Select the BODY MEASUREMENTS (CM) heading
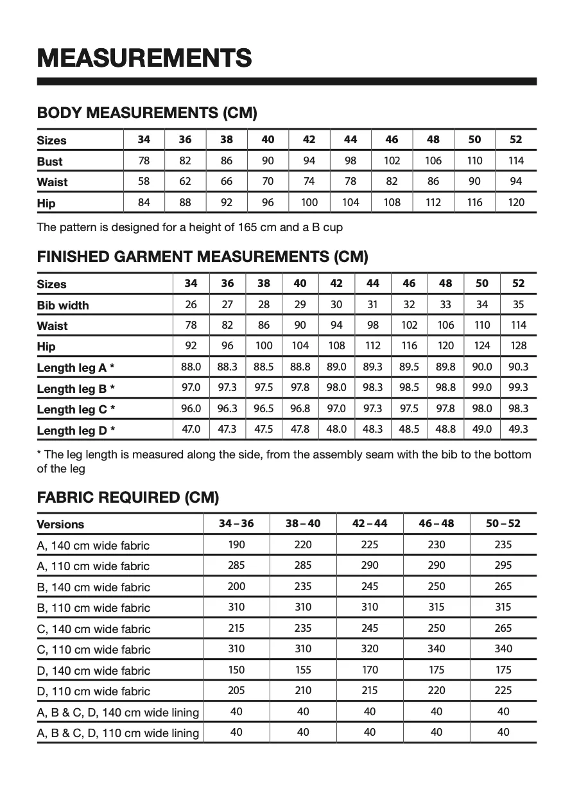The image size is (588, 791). [x=147, y=114]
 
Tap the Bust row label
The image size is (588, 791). [x=49, y=161]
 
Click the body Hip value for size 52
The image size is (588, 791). [x=515, y=202]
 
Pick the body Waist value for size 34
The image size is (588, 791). [x=144, y=182]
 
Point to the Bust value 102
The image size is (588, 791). [x=392, y=161]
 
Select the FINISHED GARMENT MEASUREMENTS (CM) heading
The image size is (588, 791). [x=203, y=257]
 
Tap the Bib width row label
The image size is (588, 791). [x=63, y=305]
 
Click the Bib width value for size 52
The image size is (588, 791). [x=519, y=305]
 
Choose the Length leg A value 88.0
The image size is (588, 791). [x=191, y=367]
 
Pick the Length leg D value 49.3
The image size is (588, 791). [x=519, y=429]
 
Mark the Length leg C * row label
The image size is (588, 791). [x=76, y=409]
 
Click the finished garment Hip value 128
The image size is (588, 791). [x=519, y=346]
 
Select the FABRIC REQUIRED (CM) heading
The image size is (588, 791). [x=128, y=498]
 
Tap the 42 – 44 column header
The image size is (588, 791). [x=370, y=524]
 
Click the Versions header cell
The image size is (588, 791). [x=60, y=525]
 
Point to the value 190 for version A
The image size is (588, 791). [x=236, y=545]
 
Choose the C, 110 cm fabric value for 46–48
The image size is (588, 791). [x=437, y=649]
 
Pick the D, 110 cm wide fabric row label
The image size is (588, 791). [x=93, y=691]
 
